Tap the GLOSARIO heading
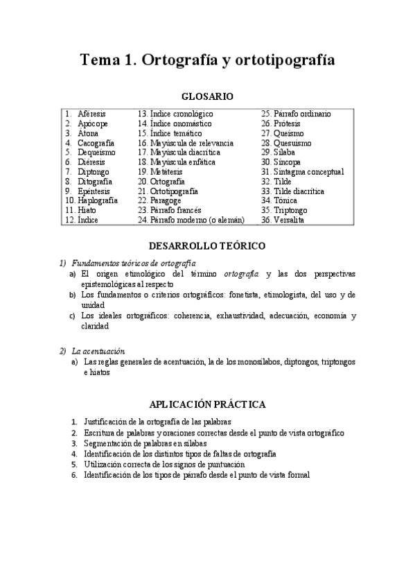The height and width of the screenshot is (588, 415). [207, 96]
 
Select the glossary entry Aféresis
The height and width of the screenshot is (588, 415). [92, 114]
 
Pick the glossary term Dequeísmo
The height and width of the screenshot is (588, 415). [97, 152]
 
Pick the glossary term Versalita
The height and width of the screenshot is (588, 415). [293, 220]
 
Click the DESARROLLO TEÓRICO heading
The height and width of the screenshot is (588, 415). [207, 246]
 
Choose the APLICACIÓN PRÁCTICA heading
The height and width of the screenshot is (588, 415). [207, 404]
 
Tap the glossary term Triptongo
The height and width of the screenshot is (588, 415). [294, 210]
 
